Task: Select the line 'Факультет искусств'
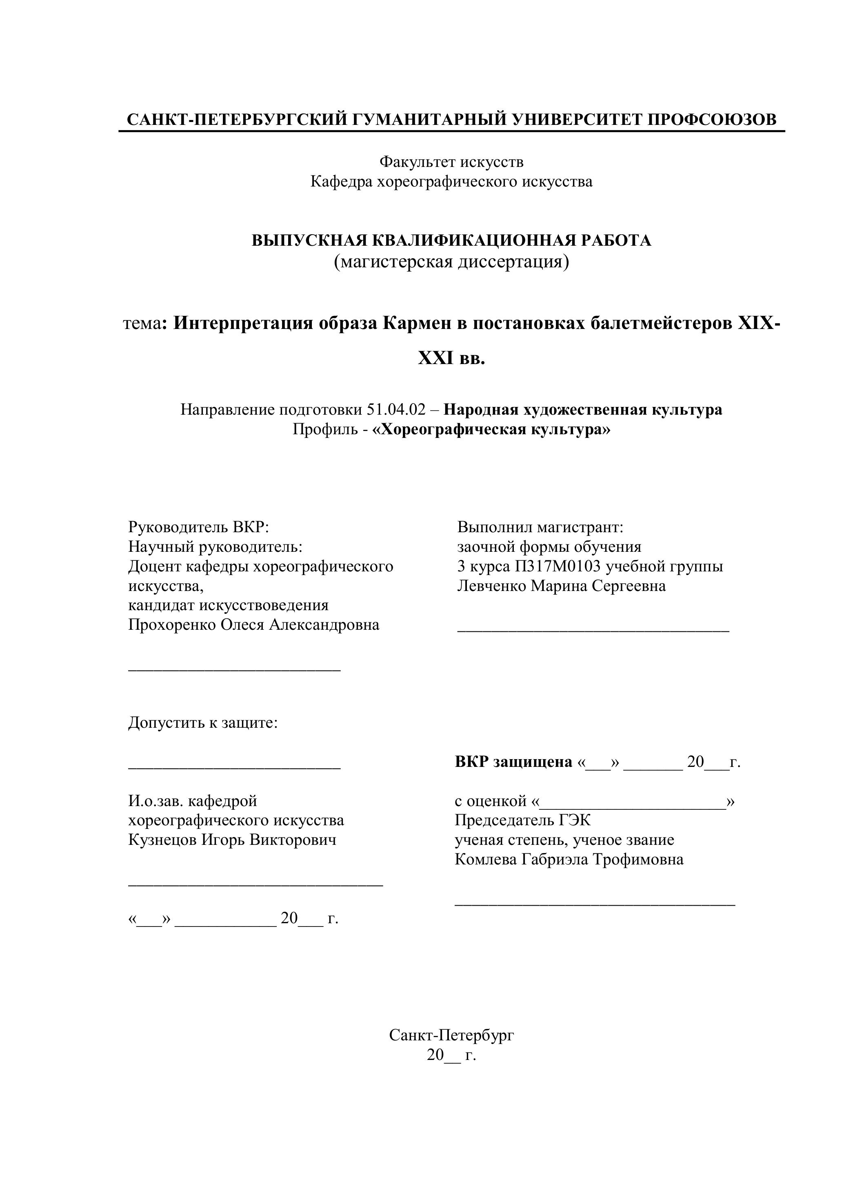(451, 162)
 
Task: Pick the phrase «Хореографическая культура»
(491, 430)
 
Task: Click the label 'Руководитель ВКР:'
(198, 527)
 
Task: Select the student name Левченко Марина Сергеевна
(561, 586)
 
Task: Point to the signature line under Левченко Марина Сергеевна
(593, 630)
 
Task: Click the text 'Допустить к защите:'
(203, 723)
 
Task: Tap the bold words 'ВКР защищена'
(513, 762)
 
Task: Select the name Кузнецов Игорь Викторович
(232, 840)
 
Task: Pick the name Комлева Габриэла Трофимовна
(569, 860)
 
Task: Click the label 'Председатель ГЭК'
(523, 820)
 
